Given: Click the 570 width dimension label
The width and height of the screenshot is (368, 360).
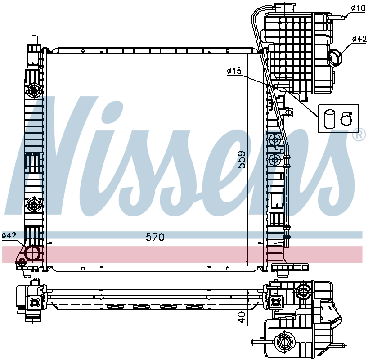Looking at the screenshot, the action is pos(155,237).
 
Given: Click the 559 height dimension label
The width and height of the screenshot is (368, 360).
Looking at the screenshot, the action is pos(241,160).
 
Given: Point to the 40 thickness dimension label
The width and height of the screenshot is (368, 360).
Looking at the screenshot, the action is pos(242,317).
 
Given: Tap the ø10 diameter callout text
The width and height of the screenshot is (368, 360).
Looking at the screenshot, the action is pos(359,8).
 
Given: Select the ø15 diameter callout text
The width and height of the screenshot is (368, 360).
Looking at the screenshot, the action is pos(234,71).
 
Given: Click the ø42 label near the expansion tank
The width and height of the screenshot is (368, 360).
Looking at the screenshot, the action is pos(359,39).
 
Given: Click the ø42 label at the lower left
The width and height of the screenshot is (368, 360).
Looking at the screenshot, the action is pos(9,235).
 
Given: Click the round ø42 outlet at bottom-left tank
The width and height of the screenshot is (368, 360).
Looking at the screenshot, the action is pos(32,253).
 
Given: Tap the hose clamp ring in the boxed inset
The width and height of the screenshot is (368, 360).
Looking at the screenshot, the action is pos(346,119).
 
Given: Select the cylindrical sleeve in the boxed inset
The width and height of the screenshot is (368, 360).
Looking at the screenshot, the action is pos(330,119).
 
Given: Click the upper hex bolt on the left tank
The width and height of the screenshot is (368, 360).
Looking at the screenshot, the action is pos(34,90).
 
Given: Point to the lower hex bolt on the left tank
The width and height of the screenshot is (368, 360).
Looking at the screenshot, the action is pos(34,205).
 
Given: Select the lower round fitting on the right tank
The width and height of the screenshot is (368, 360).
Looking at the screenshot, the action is pos(275,160).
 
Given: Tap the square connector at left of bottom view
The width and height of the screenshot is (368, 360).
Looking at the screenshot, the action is pos(35,302).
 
